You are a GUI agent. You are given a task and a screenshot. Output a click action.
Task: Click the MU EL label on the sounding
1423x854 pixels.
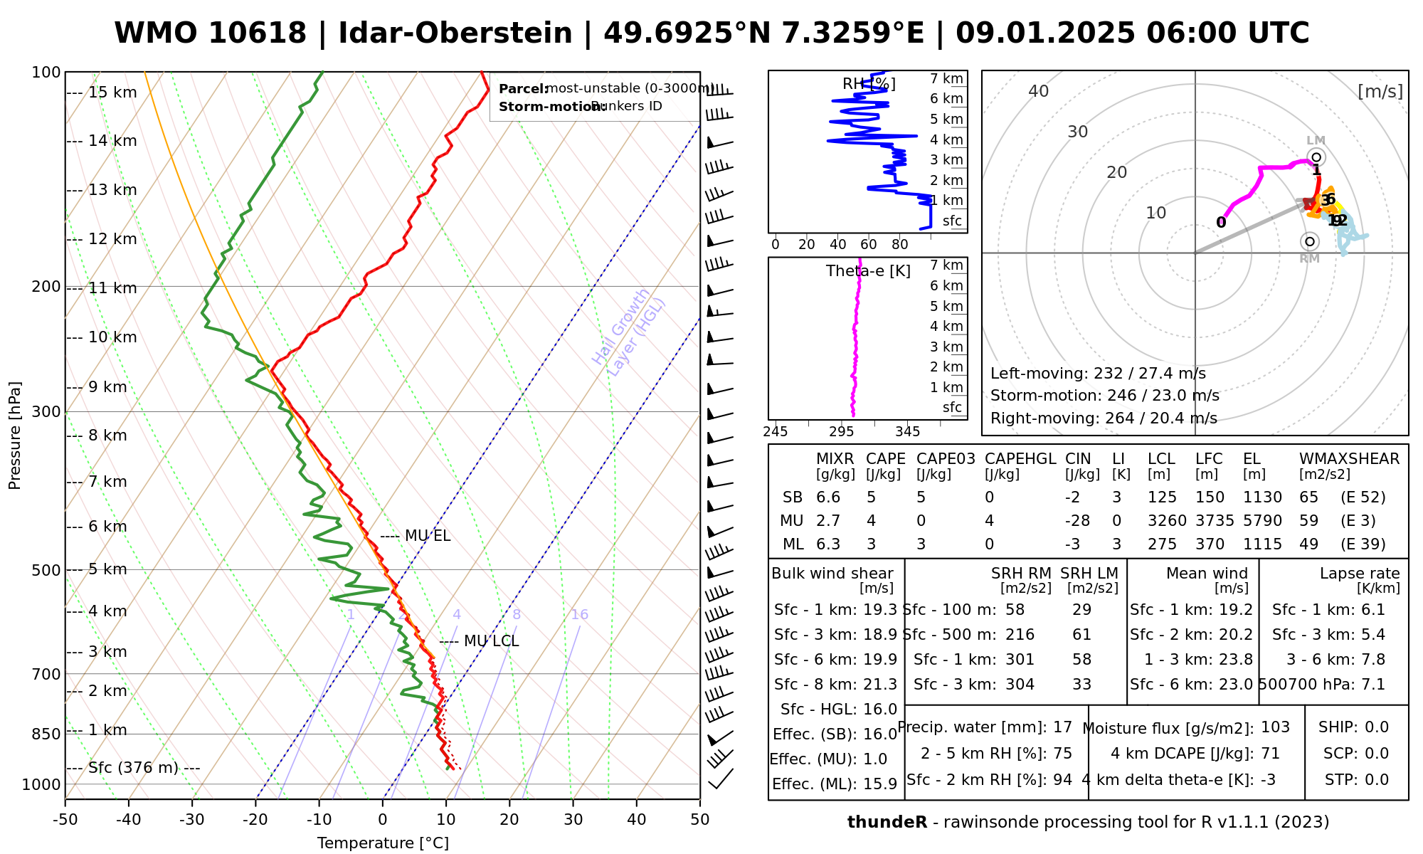(428, 536)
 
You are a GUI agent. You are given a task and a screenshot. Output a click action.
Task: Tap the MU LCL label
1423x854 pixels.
(491, 641)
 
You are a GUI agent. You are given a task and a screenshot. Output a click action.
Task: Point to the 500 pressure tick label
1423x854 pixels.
(46, 570)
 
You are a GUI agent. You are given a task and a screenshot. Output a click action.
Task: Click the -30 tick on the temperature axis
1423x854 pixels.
(192, 820)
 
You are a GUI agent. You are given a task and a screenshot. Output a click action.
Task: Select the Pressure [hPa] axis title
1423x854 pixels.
(15, 436)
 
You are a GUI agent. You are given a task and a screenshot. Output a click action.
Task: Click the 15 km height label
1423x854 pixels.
(112, 93)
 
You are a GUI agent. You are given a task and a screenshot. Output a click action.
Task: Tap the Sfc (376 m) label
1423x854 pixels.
(135, 768)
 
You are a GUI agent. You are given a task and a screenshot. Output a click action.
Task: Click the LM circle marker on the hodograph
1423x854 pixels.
(1316, 157)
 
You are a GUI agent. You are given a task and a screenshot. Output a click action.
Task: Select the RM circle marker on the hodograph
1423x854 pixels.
(1310, 242)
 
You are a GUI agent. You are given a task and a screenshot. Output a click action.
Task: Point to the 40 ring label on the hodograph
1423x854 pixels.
(1039, 91)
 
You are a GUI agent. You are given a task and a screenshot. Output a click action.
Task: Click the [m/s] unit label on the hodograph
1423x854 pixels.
(1380, 91)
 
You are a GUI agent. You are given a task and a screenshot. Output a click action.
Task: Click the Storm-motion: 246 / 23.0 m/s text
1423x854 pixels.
(1104, 396)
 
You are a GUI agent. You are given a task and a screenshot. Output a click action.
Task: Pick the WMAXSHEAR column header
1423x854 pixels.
(1349, 459)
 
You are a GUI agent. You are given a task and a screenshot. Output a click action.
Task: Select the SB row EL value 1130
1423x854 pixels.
(1262, 497)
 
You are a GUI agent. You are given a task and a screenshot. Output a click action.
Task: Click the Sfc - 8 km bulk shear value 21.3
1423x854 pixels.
(879, 685)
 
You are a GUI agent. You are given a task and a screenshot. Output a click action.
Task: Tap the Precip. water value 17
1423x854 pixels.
(1062, 727)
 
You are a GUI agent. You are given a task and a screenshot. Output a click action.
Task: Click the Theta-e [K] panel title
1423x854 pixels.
(868, 271)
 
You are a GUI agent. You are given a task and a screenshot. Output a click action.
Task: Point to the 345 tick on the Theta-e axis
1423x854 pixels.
(907, 432)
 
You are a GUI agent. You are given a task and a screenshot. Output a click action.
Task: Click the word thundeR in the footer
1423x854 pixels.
(887, 823)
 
